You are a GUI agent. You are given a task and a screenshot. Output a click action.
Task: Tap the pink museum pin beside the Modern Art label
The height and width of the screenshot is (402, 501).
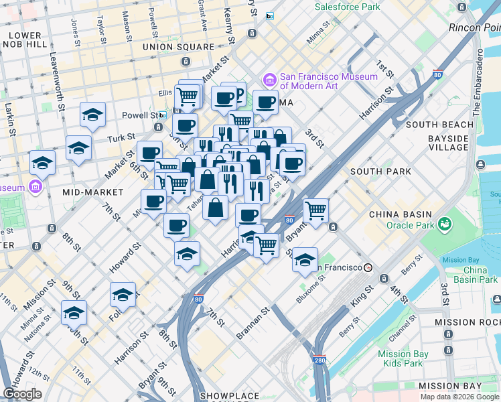270,78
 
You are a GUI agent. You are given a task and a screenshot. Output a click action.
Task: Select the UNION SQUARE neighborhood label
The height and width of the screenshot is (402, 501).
178,47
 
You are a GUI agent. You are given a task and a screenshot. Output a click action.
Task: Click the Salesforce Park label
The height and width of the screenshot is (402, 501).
348,7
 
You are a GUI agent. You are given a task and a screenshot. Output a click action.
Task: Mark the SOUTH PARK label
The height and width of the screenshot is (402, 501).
380,172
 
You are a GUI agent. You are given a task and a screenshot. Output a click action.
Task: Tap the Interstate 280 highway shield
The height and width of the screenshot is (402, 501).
319,360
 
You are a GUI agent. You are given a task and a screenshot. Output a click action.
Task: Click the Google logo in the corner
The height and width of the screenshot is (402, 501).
22,393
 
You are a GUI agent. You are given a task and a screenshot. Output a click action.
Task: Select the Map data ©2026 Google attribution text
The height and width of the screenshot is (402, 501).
459,397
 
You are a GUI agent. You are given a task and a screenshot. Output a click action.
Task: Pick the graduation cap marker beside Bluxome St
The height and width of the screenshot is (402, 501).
305,259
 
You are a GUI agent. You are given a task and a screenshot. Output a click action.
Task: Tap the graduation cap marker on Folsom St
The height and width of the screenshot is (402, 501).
123,294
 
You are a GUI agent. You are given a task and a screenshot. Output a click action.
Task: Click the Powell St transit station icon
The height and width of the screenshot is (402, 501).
161,115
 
